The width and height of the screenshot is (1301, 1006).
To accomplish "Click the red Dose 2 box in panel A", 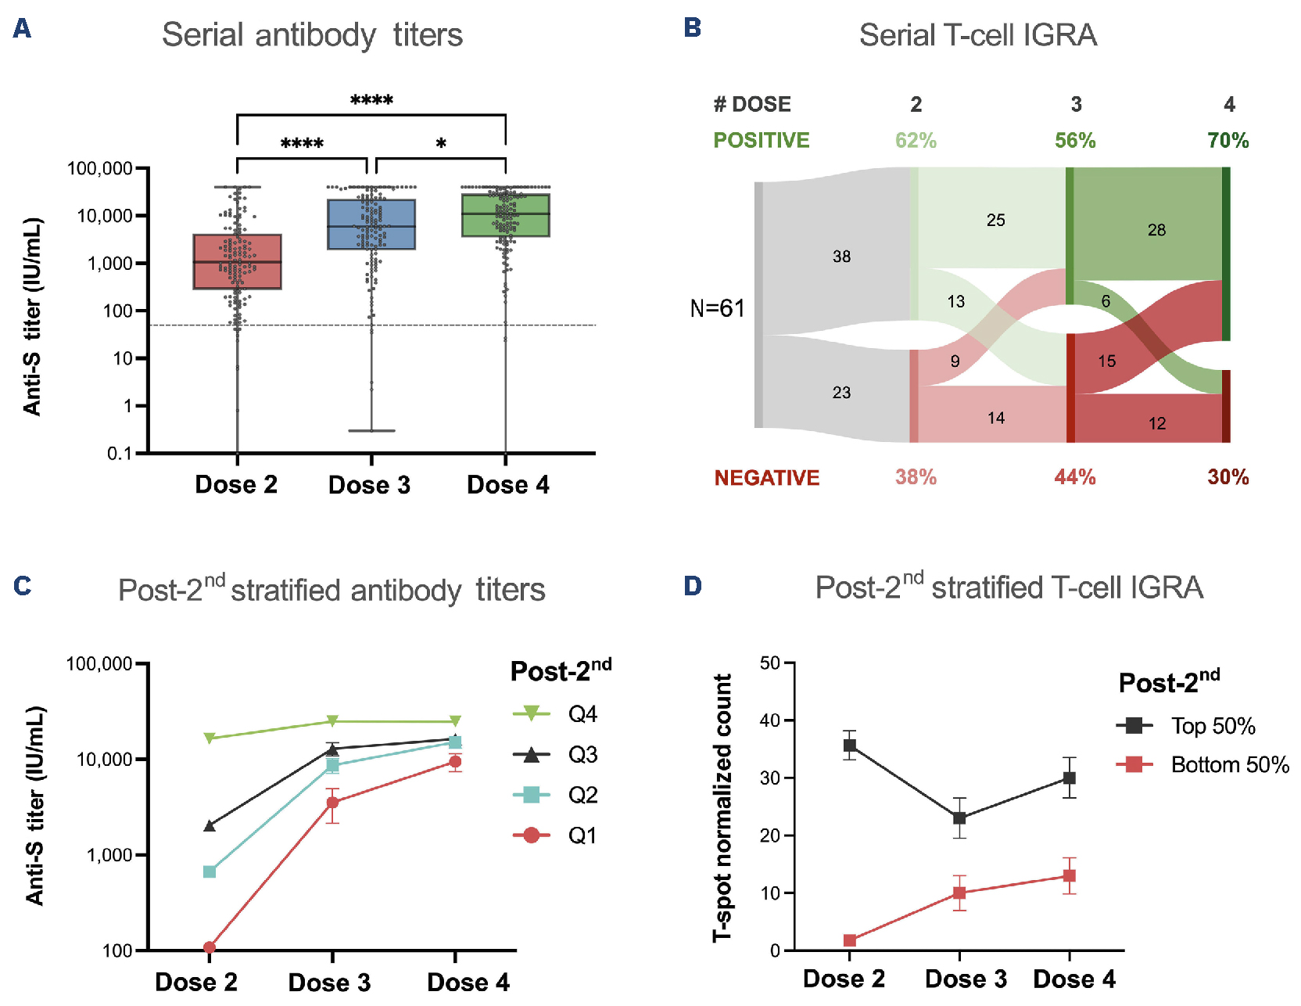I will point(238,262).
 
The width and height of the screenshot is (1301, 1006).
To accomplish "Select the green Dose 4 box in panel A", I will point(506,215).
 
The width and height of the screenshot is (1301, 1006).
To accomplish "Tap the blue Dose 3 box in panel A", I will point(371,225).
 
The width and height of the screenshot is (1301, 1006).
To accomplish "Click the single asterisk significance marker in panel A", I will point(442,144).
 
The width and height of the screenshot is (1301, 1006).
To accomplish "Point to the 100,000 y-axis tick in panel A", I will point(99,168).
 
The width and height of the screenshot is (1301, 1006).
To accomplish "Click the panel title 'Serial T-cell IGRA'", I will point(978,35).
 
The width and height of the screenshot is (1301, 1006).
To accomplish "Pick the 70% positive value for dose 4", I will point(1228,141).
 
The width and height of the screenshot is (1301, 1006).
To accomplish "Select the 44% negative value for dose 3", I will point(1075,477).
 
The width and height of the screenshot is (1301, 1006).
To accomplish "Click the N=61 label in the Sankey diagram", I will point(717,308).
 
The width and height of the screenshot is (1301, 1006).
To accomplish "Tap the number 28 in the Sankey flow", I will point(1156,230).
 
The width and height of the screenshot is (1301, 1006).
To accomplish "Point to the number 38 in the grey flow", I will point(841,257).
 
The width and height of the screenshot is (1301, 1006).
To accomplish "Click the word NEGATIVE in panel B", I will point(767,478).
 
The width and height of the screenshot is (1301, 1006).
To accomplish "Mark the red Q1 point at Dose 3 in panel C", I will point(332,803).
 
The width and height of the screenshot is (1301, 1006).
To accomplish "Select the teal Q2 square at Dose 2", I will point(210,871).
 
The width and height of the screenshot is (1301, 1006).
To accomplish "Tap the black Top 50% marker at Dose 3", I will point(959,818).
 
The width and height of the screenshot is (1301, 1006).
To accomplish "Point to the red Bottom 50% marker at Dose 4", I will point(1070,875).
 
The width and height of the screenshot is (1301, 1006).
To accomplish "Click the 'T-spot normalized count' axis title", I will point(722,807).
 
